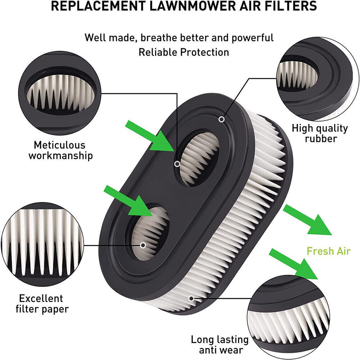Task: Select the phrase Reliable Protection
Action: (184, 52)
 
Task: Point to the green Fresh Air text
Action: (328, 251)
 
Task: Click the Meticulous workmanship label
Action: (60, 150)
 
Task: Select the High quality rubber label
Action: (320, 133)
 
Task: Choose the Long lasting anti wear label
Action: (220, 345)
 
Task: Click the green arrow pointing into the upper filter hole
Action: (149, 136)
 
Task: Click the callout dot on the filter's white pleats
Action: (191, 298)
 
